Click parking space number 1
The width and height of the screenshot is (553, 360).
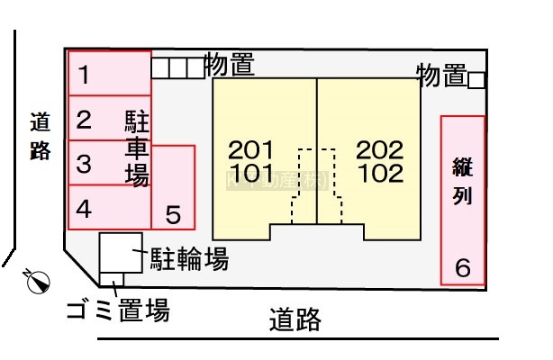(x=83, y=76)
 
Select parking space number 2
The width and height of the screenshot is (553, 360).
(x=84, y=119)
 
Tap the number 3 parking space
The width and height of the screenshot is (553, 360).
(x=84, y=165)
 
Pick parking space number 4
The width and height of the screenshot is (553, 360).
(x=84, y=210)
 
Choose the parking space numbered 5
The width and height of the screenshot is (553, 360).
(x=174, y=214)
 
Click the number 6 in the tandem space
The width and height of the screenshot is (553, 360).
(x=463, y=266)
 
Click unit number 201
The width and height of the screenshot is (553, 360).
(x=250, y=149)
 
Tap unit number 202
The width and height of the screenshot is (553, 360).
(x=379, y=149)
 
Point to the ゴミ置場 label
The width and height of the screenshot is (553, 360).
(x=117, y=312)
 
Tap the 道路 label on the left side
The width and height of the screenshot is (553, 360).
(x=41, y=136)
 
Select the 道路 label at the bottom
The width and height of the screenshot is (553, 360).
(x=295, y=319)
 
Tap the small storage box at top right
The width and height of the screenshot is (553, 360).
(x=477, y=80)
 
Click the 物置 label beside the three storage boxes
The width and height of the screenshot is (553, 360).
(x=229, y=65)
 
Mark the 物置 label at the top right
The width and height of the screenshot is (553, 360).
(x=441, y=76)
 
